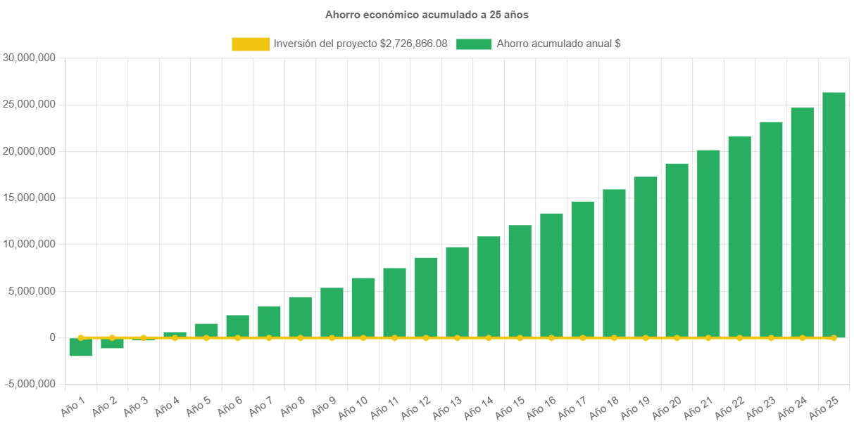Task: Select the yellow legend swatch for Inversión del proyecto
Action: [x=251, y=44]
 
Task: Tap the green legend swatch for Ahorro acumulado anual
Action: [x=474, y=44]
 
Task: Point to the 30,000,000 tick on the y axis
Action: [x=30, y=58]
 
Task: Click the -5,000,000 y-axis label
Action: [x=30, y=384]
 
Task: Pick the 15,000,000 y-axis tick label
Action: [x=30, y=198]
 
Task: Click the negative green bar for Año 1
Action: [x=81, y=347]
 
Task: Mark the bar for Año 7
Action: [x=269, y=321]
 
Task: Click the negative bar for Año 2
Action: [x=112, y=343]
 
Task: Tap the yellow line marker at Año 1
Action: [x=81, y=338]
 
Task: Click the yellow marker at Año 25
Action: [x=834, y=338]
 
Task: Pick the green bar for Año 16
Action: [x=551, y=275]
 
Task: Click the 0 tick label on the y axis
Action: [x=52, y=337]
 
